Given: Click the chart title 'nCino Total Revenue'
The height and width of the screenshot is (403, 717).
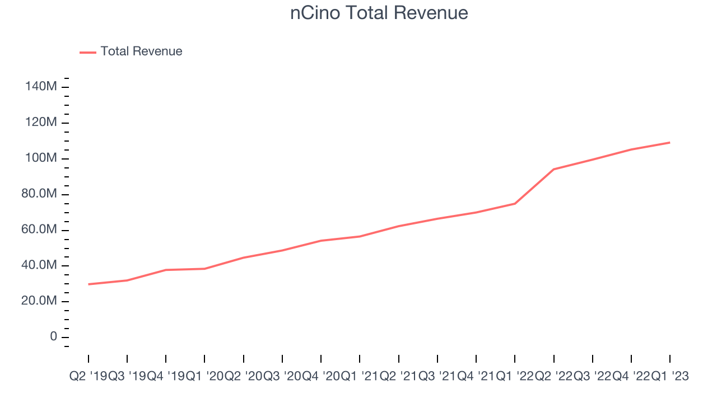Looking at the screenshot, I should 379,13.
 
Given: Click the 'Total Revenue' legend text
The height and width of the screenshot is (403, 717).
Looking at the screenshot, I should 141,51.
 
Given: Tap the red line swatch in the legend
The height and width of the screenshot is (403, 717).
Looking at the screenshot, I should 88,52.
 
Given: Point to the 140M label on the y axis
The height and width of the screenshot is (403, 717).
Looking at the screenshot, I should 40,87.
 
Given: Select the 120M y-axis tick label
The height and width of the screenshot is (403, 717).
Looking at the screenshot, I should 40,123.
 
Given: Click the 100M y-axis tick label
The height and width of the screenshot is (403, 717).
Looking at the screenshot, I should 40,158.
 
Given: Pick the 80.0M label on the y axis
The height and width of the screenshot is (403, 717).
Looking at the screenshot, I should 38,194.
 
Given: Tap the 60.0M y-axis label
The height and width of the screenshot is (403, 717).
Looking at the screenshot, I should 38,230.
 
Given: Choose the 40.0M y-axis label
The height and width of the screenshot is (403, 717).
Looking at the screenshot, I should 38,265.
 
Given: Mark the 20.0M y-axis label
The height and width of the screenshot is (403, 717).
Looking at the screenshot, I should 38,301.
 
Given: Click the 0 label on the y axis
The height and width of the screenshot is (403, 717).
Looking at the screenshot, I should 53,337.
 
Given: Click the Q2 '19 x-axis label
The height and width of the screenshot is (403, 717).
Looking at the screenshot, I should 88,377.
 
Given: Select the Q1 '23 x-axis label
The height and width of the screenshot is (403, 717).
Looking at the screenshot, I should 669,377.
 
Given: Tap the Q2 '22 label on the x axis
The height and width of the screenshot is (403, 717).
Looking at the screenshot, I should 553,377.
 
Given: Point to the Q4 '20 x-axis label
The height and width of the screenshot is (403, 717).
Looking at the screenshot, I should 321,377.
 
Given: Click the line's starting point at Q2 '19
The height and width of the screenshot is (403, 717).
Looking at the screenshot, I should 89,284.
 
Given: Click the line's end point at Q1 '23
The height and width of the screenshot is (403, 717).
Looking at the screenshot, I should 669,143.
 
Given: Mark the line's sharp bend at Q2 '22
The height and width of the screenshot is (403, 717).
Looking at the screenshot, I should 553,169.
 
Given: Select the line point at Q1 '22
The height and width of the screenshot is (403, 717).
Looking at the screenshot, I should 515,203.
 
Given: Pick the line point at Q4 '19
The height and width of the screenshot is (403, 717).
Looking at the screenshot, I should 166,270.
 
